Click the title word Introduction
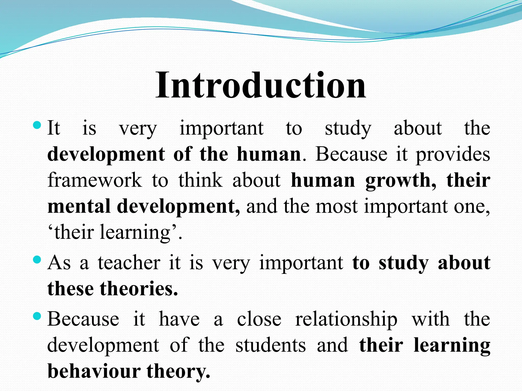pos(261,85)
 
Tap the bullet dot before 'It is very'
pos(37,125)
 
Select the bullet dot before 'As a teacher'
pos(37,260)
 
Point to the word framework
pos(95,180)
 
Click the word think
pos(200,180)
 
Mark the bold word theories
pos(139,289)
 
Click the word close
pos(259,319)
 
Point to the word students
pos(270,345)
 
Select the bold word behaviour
pos(94,371)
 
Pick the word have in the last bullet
pos(179,319)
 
